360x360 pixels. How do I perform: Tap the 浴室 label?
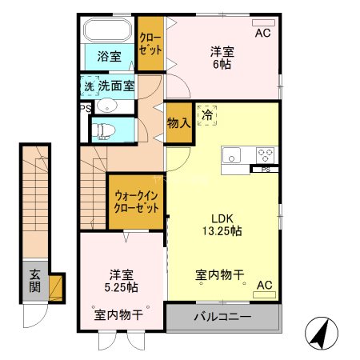[x=110, y=57]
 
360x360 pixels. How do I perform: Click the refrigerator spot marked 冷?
[x=207, y=115]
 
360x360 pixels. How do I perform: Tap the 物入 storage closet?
[x=178, y=123]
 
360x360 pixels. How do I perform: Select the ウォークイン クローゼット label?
[x=135, y=199]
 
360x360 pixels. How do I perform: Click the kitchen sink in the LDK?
[x=233, y=155]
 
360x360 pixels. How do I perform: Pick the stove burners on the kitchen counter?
[x=264, y=154]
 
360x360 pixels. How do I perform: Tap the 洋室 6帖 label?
[x=222, y=58]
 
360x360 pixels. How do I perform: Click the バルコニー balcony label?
[x=222, y=318]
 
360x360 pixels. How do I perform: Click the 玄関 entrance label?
[x=35, y=281]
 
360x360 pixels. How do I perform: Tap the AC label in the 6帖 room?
[x=262, y=33]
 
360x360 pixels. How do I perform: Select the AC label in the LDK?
[x=263, y=285]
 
